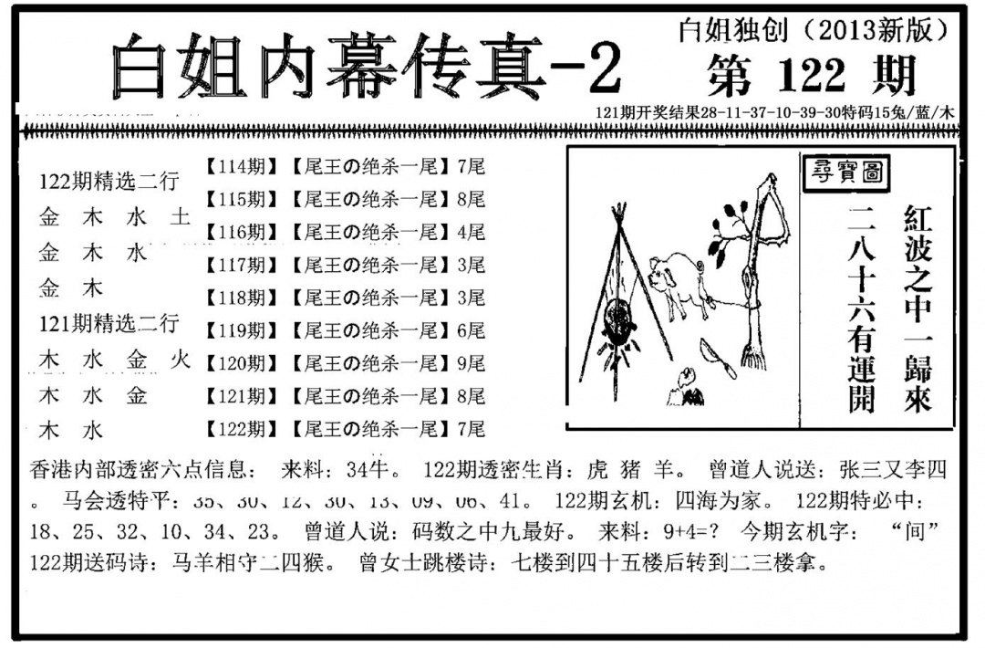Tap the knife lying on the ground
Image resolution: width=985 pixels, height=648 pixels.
(x=720, y=358)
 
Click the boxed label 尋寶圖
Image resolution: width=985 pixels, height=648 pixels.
(x=845, y=173)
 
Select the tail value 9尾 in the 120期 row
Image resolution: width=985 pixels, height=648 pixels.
(x=472, y=363)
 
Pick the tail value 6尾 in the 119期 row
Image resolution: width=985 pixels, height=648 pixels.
(x=472, y=330)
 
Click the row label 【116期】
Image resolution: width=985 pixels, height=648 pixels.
(x=240, y=232)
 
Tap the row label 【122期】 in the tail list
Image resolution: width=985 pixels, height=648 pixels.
(x=240, y=429)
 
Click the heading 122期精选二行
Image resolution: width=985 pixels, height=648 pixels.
(x=109, y=182)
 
